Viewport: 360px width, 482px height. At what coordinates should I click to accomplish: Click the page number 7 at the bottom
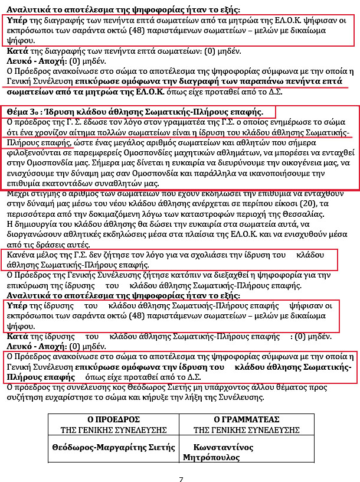[x=181, y=478]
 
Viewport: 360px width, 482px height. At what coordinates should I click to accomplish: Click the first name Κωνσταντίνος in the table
[x=224, y=447]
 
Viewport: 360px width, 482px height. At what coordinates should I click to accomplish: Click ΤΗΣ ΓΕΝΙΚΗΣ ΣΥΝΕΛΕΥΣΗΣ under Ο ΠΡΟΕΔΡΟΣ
[x=113, y=430]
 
